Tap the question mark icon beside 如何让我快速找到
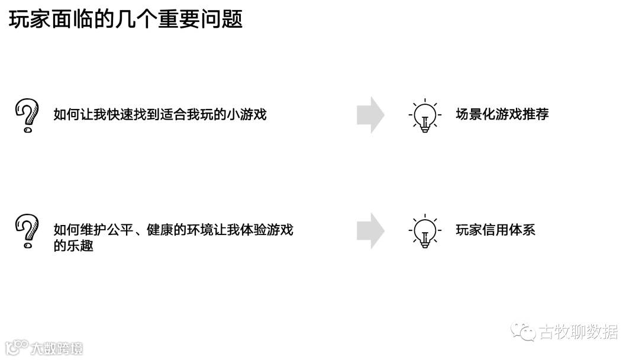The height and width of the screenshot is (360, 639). (x=26, y=115)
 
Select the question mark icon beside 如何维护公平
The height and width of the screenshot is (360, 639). (x=26, y=231)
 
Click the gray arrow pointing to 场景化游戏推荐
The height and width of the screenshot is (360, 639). (x=370, y=115)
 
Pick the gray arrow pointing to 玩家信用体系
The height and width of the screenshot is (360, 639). (x=370, y=230)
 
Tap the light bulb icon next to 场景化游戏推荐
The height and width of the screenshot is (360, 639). (x=424, y=115)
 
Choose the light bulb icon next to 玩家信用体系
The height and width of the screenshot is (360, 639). (x=424, y=230)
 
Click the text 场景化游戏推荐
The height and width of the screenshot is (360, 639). (x=502, y=114)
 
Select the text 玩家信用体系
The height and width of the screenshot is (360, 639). (x=495, y=230)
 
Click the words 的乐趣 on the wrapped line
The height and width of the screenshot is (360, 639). (x=73, y=245)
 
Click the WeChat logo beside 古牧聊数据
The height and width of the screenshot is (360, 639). (x=523, y=332)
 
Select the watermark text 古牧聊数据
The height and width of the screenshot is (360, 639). (x=578, y=332)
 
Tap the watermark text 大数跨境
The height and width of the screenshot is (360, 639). (x=57, y=348)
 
